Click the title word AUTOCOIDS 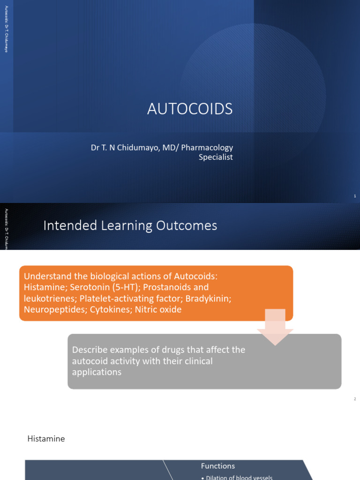[x=190, y=109]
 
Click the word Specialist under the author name [x=216, y=157]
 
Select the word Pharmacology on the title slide [x=207, y=148]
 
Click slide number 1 [x=355, y=196]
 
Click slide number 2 [x=355, y=399]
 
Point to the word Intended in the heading [x=65, y=226]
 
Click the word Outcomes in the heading [x=192, y=226]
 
